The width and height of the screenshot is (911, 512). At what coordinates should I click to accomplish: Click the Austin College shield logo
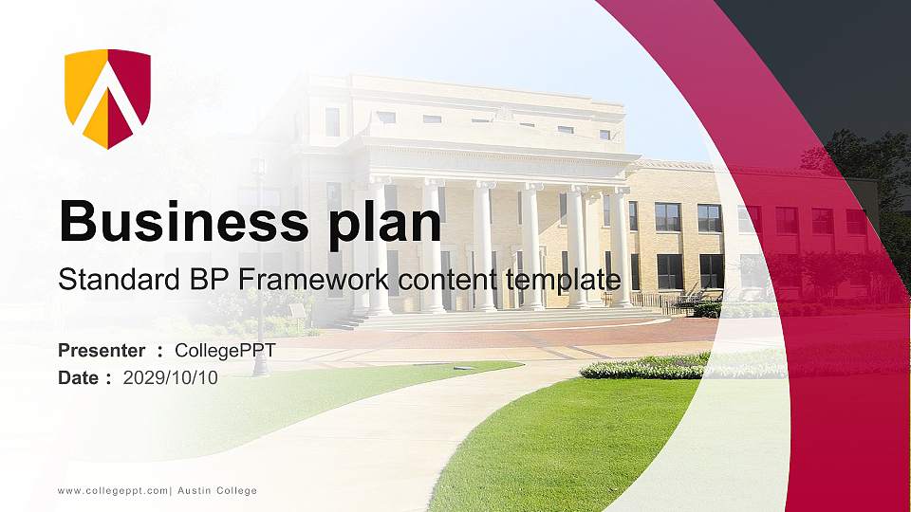tap(107, 98)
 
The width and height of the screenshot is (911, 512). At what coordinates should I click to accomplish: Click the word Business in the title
tap(176, 221)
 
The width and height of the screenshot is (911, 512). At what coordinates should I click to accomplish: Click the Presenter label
tap(102, 351)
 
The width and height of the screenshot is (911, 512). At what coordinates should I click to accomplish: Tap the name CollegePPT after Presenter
tap(225, 351)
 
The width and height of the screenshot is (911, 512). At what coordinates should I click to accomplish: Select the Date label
tap(78, 377)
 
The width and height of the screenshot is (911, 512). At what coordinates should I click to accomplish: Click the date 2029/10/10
tap(170, 377)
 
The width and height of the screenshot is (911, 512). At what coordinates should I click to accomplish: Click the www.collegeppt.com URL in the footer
tap(112, 491)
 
